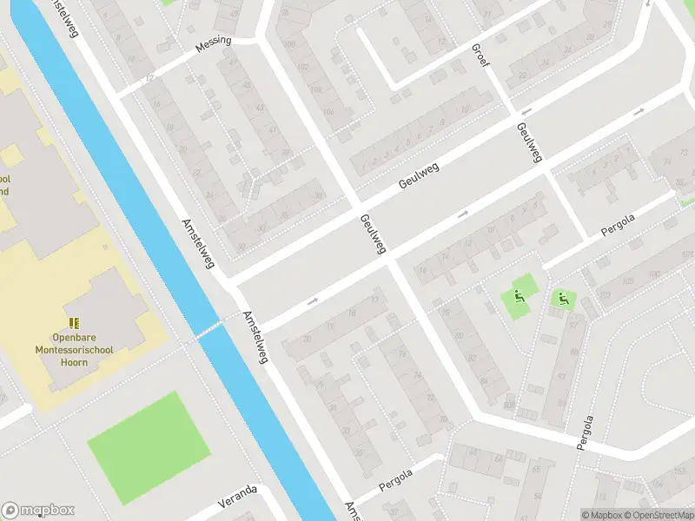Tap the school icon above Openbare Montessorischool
[73, 323]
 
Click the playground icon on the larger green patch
[520, 294]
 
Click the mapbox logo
[38, 511]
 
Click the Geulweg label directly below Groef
[529, 142]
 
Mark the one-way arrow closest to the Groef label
[525, 112]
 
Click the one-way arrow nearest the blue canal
[312, 300]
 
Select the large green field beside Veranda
[149, 447]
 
